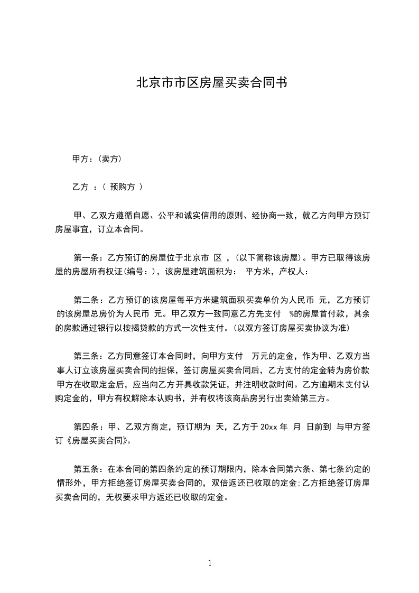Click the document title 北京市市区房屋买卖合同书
[x=211, y=83]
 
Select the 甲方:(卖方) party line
[x=98, y=158]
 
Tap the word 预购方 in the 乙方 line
[x=122, y=187]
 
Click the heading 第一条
[x=86, y=258]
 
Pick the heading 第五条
[x=86, y=469]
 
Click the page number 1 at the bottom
[x=210, y=563]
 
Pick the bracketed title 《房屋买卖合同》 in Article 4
[x=98, y=441]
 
